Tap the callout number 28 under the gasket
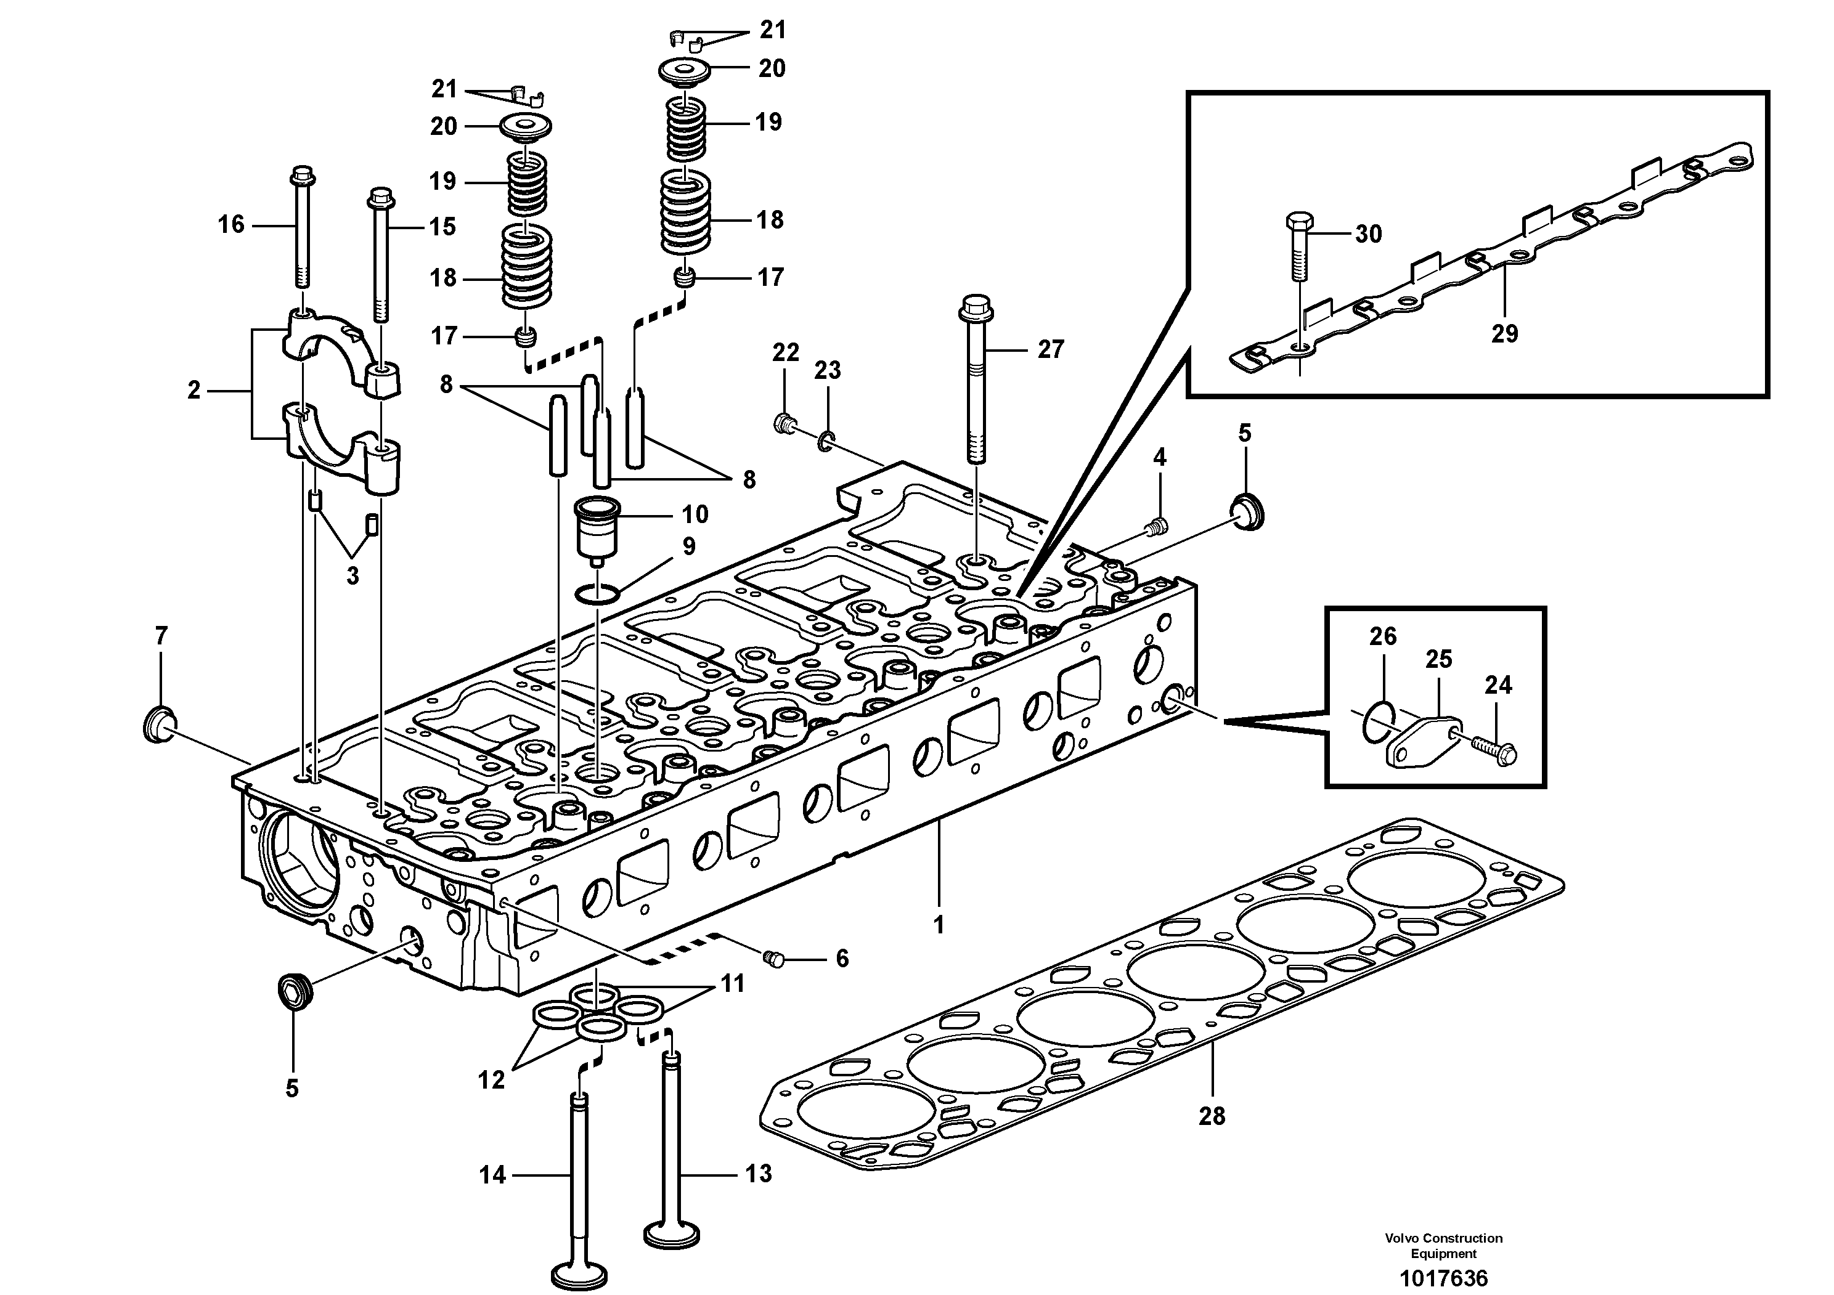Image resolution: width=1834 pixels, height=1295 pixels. [1211, 1116]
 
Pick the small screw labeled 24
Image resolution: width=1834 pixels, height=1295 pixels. [1491, 750]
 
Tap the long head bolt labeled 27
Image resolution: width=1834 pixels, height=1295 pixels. [976, 383]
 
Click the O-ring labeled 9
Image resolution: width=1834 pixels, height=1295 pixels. [597, 594]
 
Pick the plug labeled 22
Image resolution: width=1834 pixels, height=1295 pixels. [785, 423]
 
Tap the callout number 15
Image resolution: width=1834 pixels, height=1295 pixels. [442, 227]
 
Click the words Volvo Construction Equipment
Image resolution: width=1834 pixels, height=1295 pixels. [1443, 1246]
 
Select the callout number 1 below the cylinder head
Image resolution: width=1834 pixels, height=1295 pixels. [939, 925]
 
